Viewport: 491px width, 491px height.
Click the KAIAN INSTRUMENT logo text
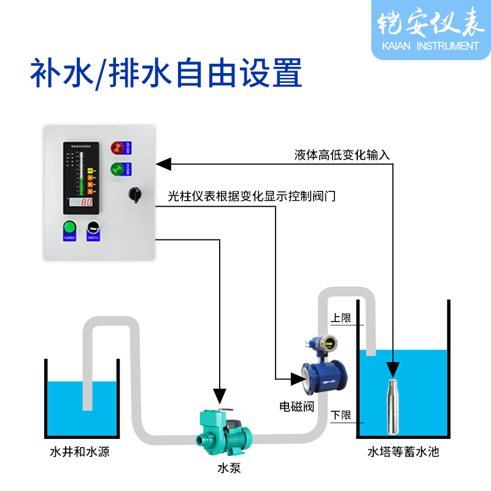tap(429, 45)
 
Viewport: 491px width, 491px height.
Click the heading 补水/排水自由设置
tap(166, 74)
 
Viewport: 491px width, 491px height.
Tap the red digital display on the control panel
tap(80, 202)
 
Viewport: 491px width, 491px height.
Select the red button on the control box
tap(117, 147)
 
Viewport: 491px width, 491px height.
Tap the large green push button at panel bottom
tap(69, 226)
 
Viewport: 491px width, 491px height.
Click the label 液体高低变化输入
tap(342, 155)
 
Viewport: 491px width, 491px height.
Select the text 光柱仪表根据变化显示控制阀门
tap(252, 197)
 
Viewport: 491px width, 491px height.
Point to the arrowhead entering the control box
tap(162, 164)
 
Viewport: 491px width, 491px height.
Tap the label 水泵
tap(226, 468)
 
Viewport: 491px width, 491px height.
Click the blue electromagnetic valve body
tap(327, 378)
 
